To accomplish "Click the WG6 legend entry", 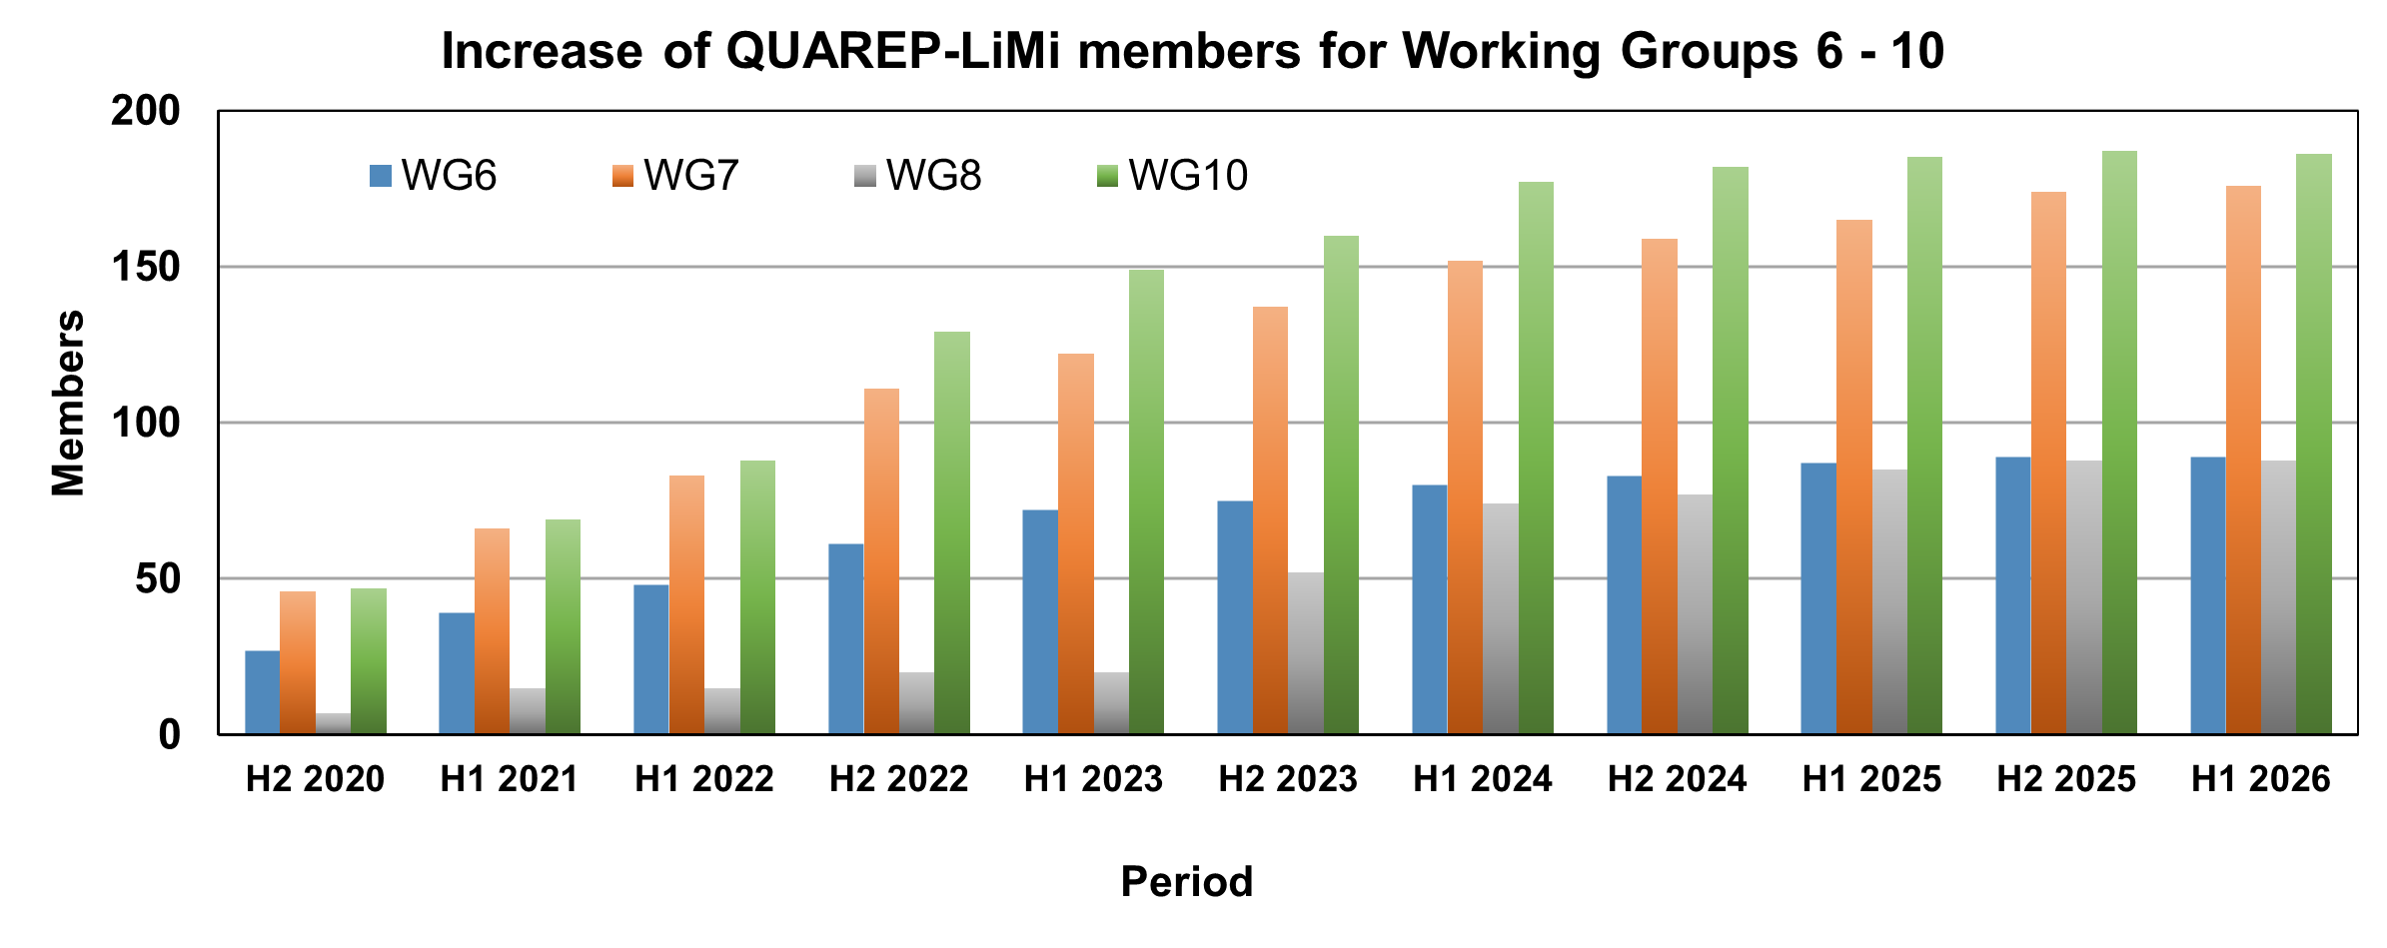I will [x=434, y=176].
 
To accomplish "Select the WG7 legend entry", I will [x=675, y=176].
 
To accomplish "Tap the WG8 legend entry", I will [x=918, y=176].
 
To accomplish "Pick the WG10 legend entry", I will [x=1173, y=176].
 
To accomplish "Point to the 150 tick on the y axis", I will [x=146, y=267].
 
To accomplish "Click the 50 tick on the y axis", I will [x=158, y=578].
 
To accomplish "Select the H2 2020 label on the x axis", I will [x=315, y=779].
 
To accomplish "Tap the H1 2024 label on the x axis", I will [x=1482, y=779].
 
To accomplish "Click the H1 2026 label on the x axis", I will [x=2260, y=779].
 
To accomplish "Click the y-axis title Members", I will [x=68, y=403].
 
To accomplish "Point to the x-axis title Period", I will [x=1186, y=882].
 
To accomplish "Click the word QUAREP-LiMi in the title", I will [x=892, y=51].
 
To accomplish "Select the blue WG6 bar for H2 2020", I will [x=262, y=692].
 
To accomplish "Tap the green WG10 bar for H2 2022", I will [x=951, y=533].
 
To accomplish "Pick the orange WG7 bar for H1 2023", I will [x=1075, y=544].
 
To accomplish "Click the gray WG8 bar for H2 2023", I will [x=1305, y=653].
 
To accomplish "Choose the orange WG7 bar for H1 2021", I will [x=492, y=631].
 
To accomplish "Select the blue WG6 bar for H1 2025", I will [x=1817, y=598].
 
